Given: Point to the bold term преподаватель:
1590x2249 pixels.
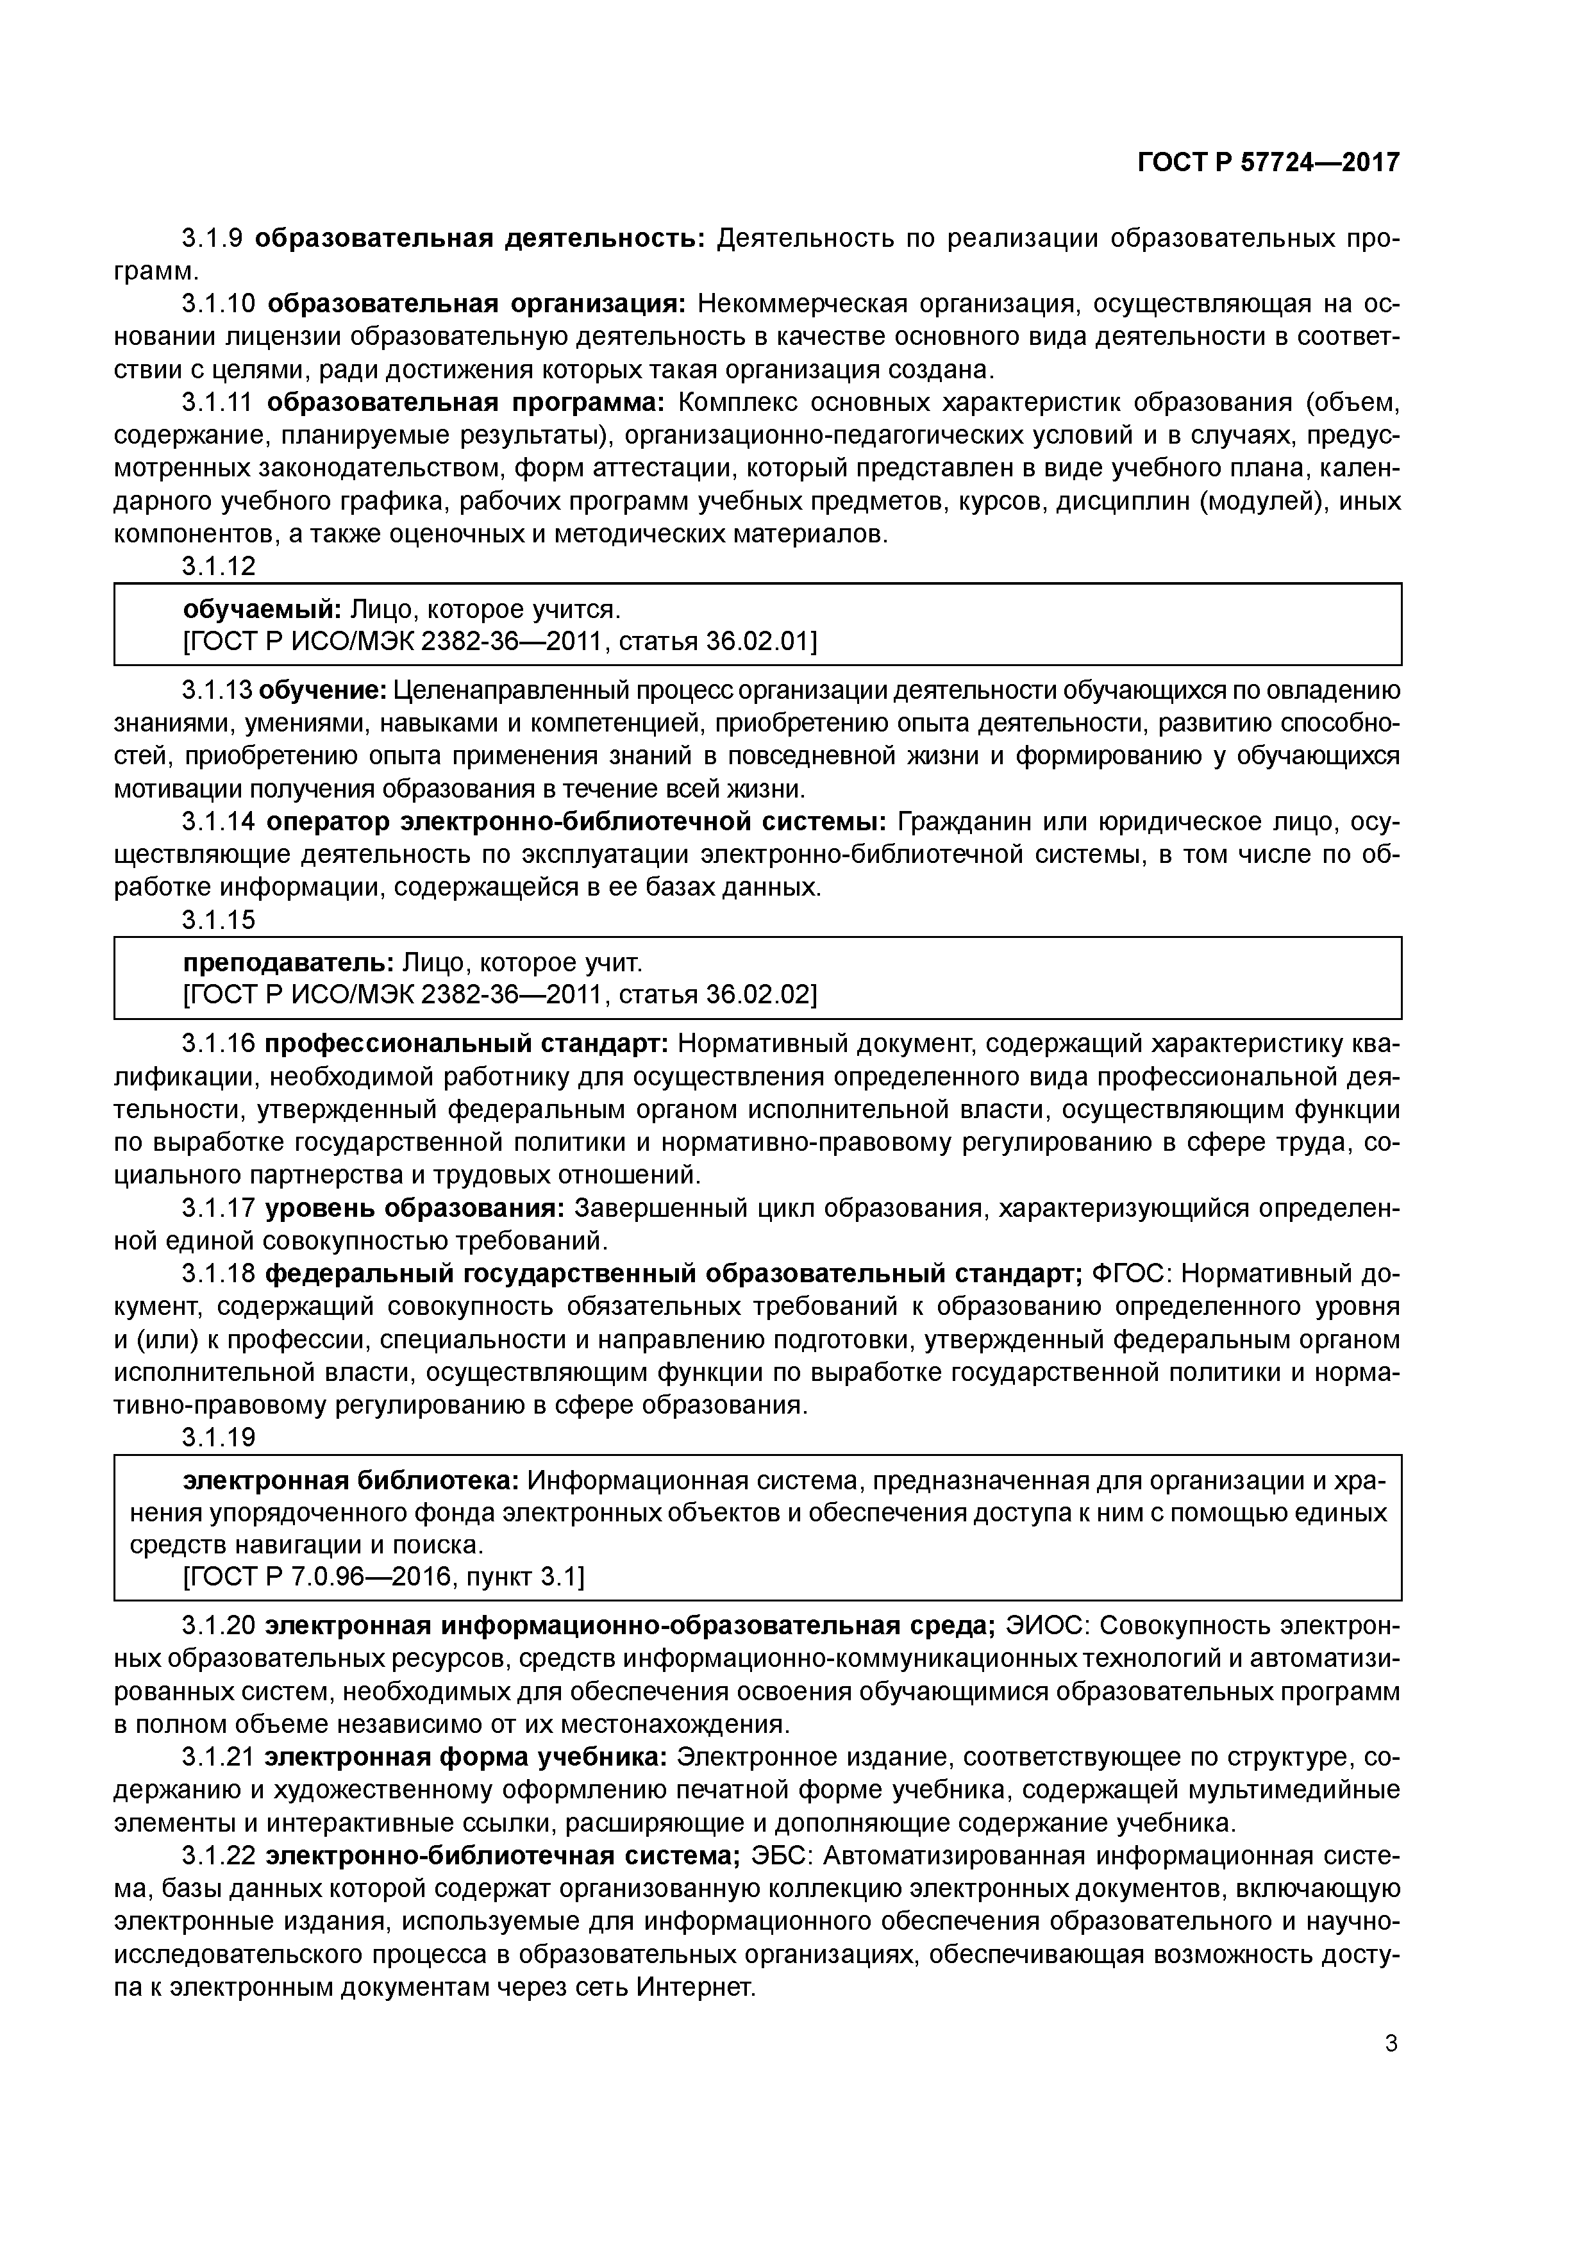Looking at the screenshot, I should pyautogui.click(x=289, y=963).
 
